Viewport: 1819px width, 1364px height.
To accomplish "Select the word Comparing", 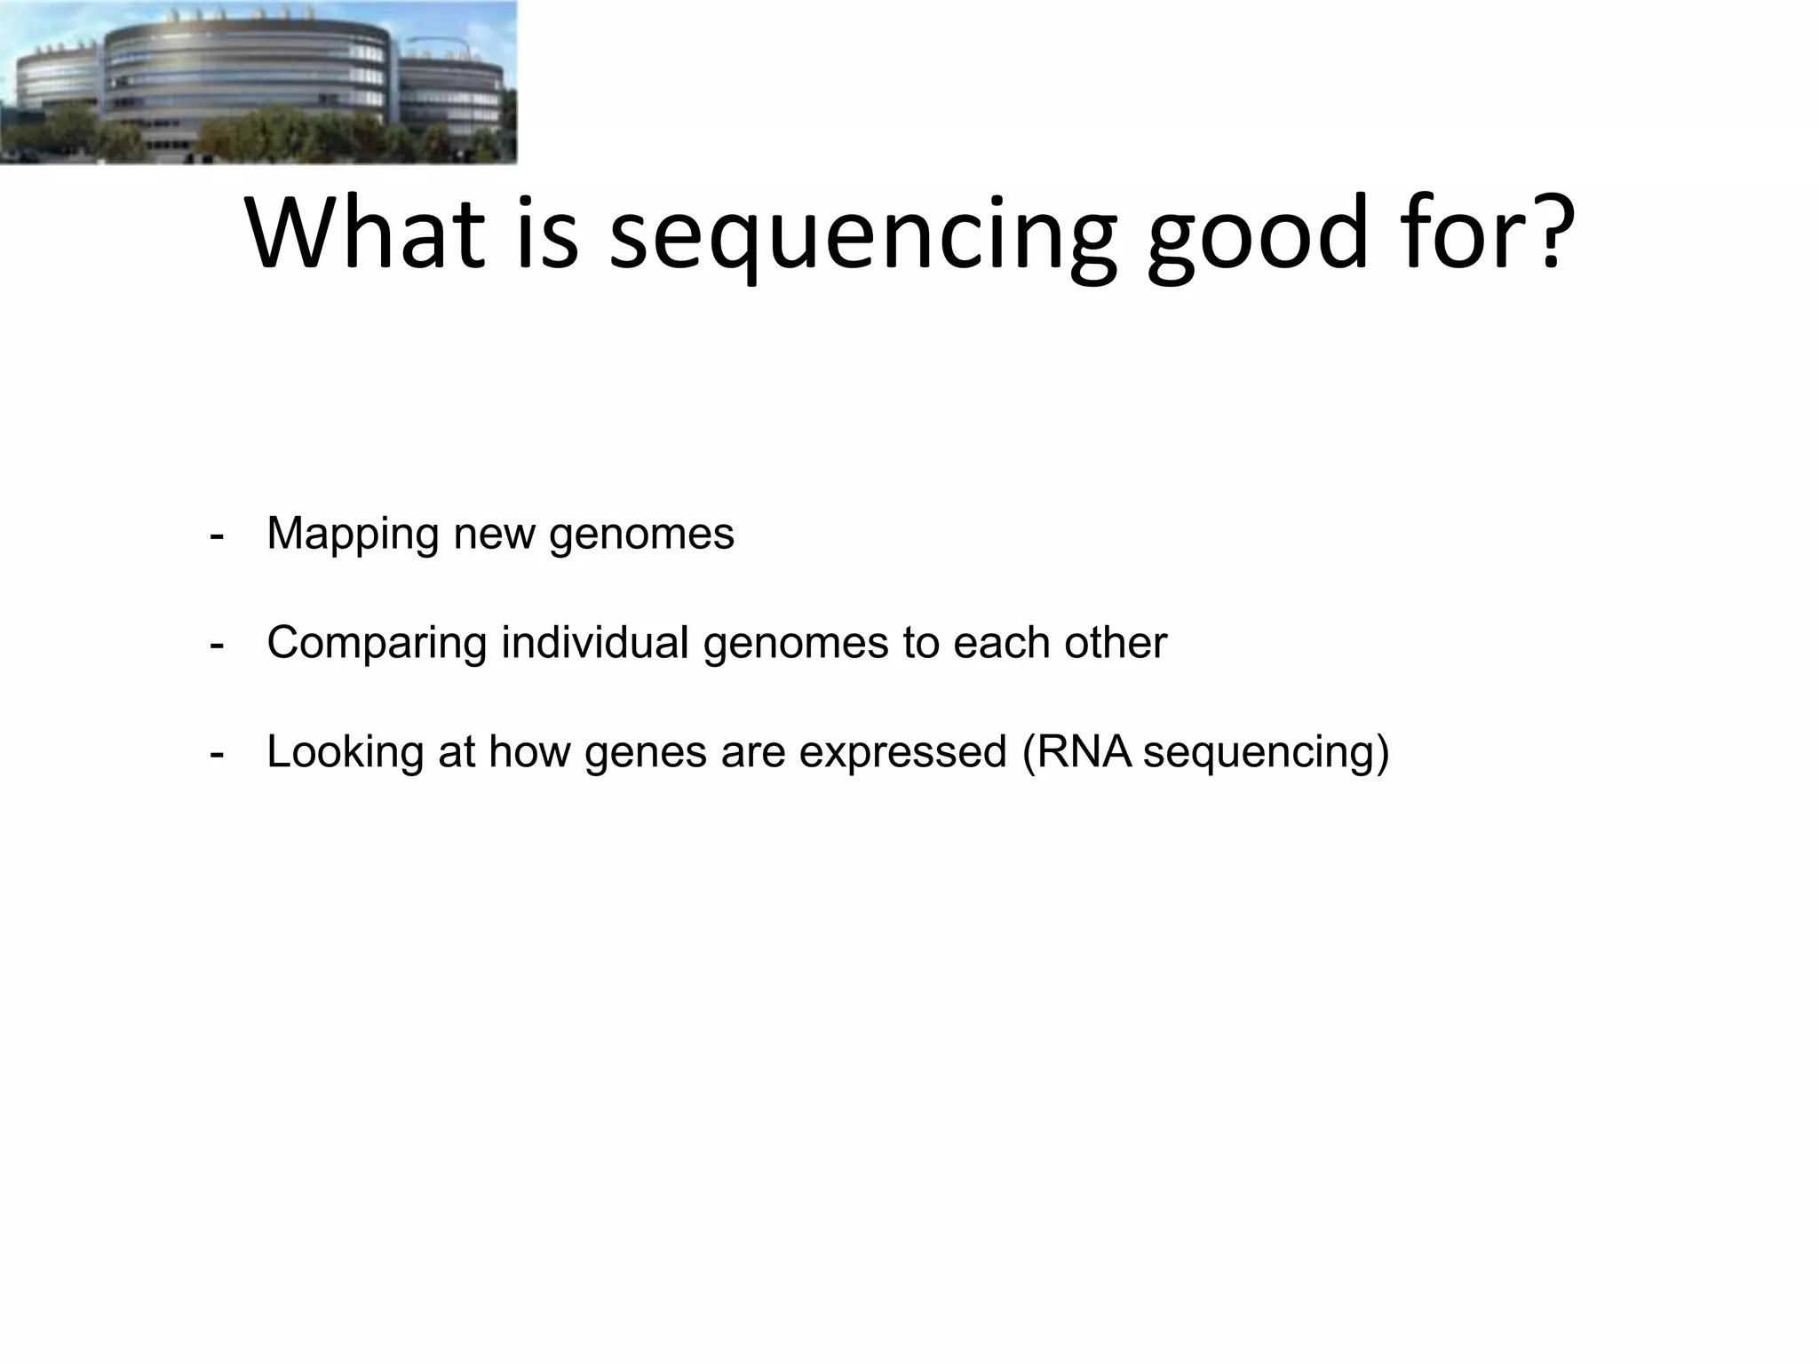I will click(377, 644).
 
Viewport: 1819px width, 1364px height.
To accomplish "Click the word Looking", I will click(345, 753).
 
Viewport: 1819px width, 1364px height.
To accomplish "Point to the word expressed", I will click(902, 753).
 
